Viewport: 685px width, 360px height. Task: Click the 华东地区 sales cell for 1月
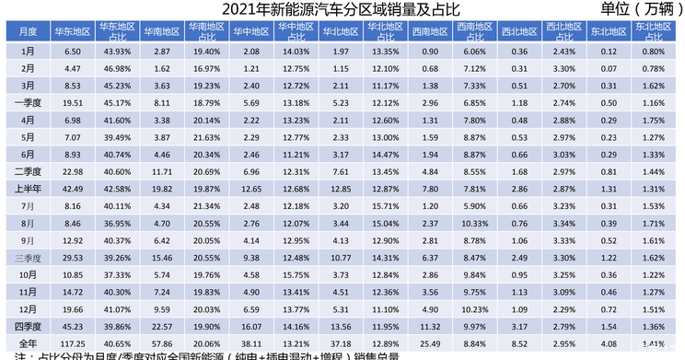(72, 52)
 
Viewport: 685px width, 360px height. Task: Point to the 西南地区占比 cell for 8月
(473, 223)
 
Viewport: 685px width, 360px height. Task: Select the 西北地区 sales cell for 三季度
(519, 257)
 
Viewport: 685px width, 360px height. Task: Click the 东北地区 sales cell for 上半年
(608, 188)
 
